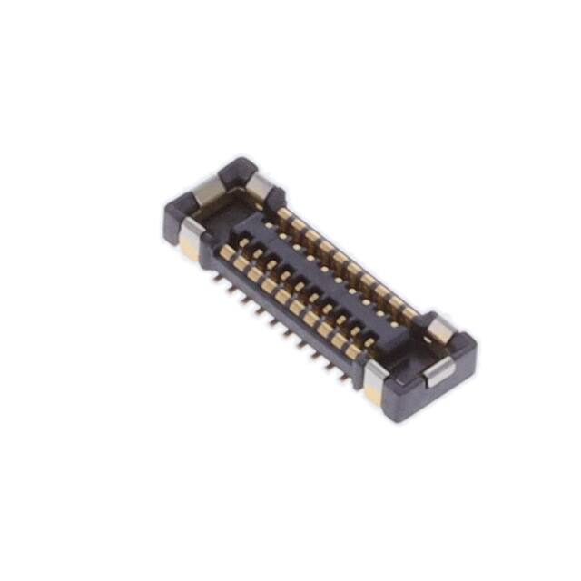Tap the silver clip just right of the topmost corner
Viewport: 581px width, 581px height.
(261, 188)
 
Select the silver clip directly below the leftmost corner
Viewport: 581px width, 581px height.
(189, 238)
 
